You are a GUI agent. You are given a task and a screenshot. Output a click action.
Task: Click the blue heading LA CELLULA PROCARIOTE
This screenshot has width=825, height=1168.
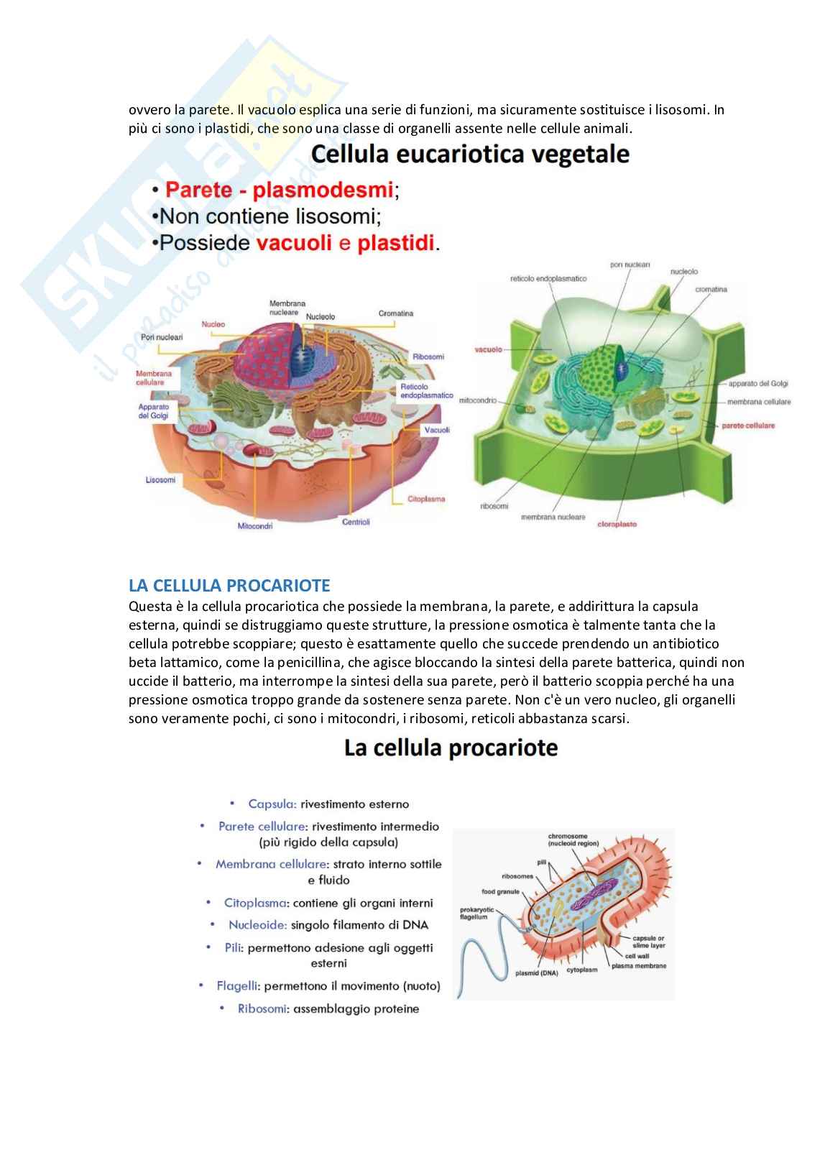click(x=229, y=584)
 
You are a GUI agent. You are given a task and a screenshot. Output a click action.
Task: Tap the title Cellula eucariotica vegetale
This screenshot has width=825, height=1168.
click(x=470, y=155)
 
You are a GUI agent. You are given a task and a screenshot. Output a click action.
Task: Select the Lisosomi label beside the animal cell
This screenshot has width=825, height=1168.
click(x=160, y=479)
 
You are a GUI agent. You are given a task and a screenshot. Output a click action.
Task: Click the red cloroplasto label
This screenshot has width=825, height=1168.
click(x=617, y=524)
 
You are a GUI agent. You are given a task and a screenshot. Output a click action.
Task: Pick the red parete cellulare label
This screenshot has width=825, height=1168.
click(x=748, y=426)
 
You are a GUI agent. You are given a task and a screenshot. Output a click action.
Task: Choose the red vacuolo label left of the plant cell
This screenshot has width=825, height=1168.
click(x=488, y=350)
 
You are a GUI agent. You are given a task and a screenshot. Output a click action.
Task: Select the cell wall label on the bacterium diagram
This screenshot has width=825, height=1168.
click(x=637, y=956)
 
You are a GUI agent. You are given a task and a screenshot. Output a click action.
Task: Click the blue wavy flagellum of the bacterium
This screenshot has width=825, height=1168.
click(x=474, y=963)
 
